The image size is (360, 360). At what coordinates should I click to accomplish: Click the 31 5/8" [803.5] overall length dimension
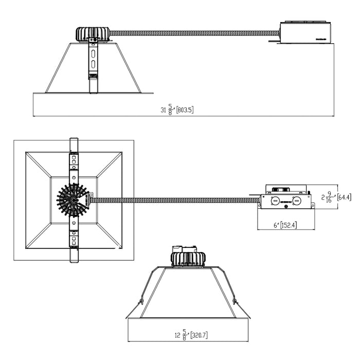coord(177,110)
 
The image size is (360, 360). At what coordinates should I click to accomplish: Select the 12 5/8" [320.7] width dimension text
coord(191,335)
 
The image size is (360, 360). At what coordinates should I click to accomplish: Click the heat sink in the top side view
coord(93,34)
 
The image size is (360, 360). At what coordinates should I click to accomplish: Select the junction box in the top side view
coord(305,32)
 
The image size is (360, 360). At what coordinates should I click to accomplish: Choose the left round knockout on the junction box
coord(275,200)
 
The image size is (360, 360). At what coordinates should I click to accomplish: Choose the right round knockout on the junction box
coord(297,200)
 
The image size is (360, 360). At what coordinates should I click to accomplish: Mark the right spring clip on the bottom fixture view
coord(234,299)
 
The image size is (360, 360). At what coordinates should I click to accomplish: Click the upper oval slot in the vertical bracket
coord(93,53)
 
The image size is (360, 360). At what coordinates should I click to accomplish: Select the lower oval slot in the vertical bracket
coord(93,65)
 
